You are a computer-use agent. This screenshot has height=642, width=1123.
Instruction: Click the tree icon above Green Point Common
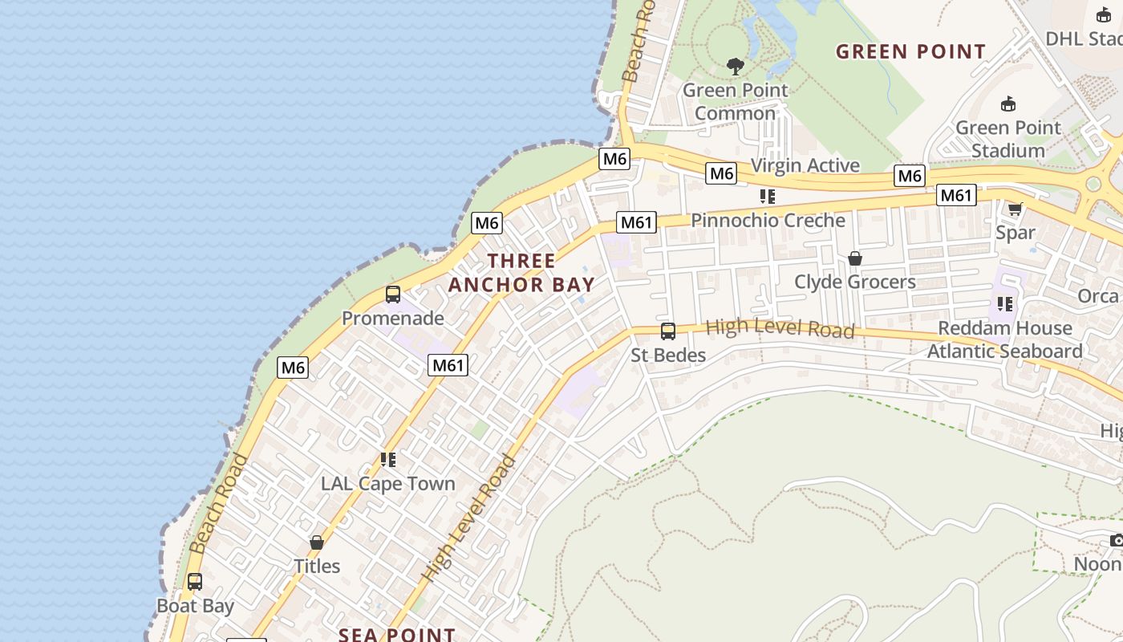[x=735, y=66]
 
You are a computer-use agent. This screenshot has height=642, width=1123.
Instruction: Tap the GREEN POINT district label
[x=910, y=52]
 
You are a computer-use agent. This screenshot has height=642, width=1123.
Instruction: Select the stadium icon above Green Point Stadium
[x=1008, y=104]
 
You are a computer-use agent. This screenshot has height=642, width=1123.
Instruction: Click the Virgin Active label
[x=805, y=165]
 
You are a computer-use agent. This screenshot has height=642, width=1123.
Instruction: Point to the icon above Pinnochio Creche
[x=768, y=197]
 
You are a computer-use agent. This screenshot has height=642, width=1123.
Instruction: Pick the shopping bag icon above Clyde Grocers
[x=855, y=258]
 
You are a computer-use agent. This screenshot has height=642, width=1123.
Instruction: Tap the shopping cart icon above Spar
[x=1015, y=209]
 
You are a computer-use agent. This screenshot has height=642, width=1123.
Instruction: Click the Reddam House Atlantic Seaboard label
[x=1004, y=339]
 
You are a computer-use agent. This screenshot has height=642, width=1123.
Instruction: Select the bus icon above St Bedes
[x=667, y=331]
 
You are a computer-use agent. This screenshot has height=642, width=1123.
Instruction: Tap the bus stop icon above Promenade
[x=393, y=295]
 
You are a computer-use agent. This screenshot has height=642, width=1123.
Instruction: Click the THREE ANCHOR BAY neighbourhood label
[x=521, y=273]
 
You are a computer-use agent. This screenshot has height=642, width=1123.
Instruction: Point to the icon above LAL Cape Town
[x=388, y=460]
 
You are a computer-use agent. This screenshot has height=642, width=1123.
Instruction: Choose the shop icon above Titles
[x=317, y=542]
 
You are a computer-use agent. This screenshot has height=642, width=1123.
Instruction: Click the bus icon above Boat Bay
[x=195, y=582]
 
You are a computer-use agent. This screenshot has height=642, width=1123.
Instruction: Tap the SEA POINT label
[x=396, y=634]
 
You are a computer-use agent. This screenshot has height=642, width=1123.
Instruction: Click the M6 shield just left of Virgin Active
[x=721, y=173]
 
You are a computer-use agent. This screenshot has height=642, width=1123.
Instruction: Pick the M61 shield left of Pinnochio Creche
[x=636, y=222]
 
